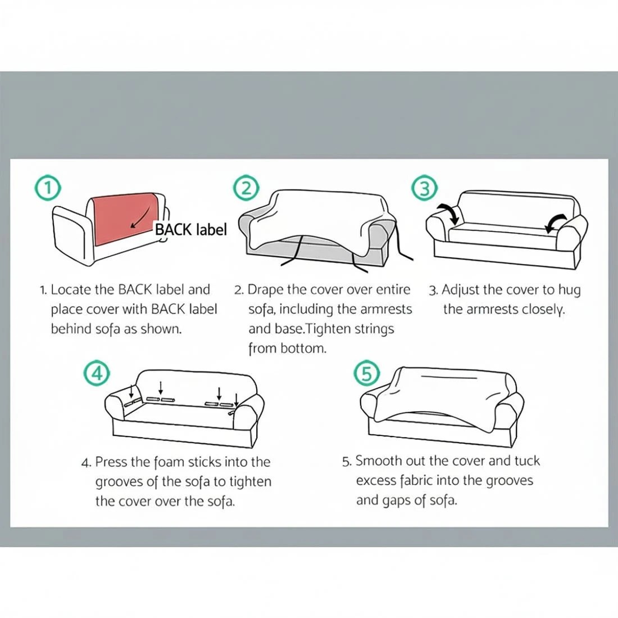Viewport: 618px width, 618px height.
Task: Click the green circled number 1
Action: (x=48, y=188)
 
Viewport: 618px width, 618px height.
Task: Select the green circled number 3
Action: (x=424, y=188)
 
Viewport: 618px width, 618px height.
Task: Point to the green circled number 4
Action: (x=96, y=373)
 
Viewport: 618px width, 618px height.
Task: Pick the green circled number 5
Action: (x=367, y=373)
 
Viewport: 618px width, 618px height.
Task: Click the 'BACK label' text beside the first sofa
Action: (x=191, y=229)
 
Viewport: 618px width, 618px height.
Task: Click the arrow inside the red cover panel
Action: (x=140, y=217)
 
